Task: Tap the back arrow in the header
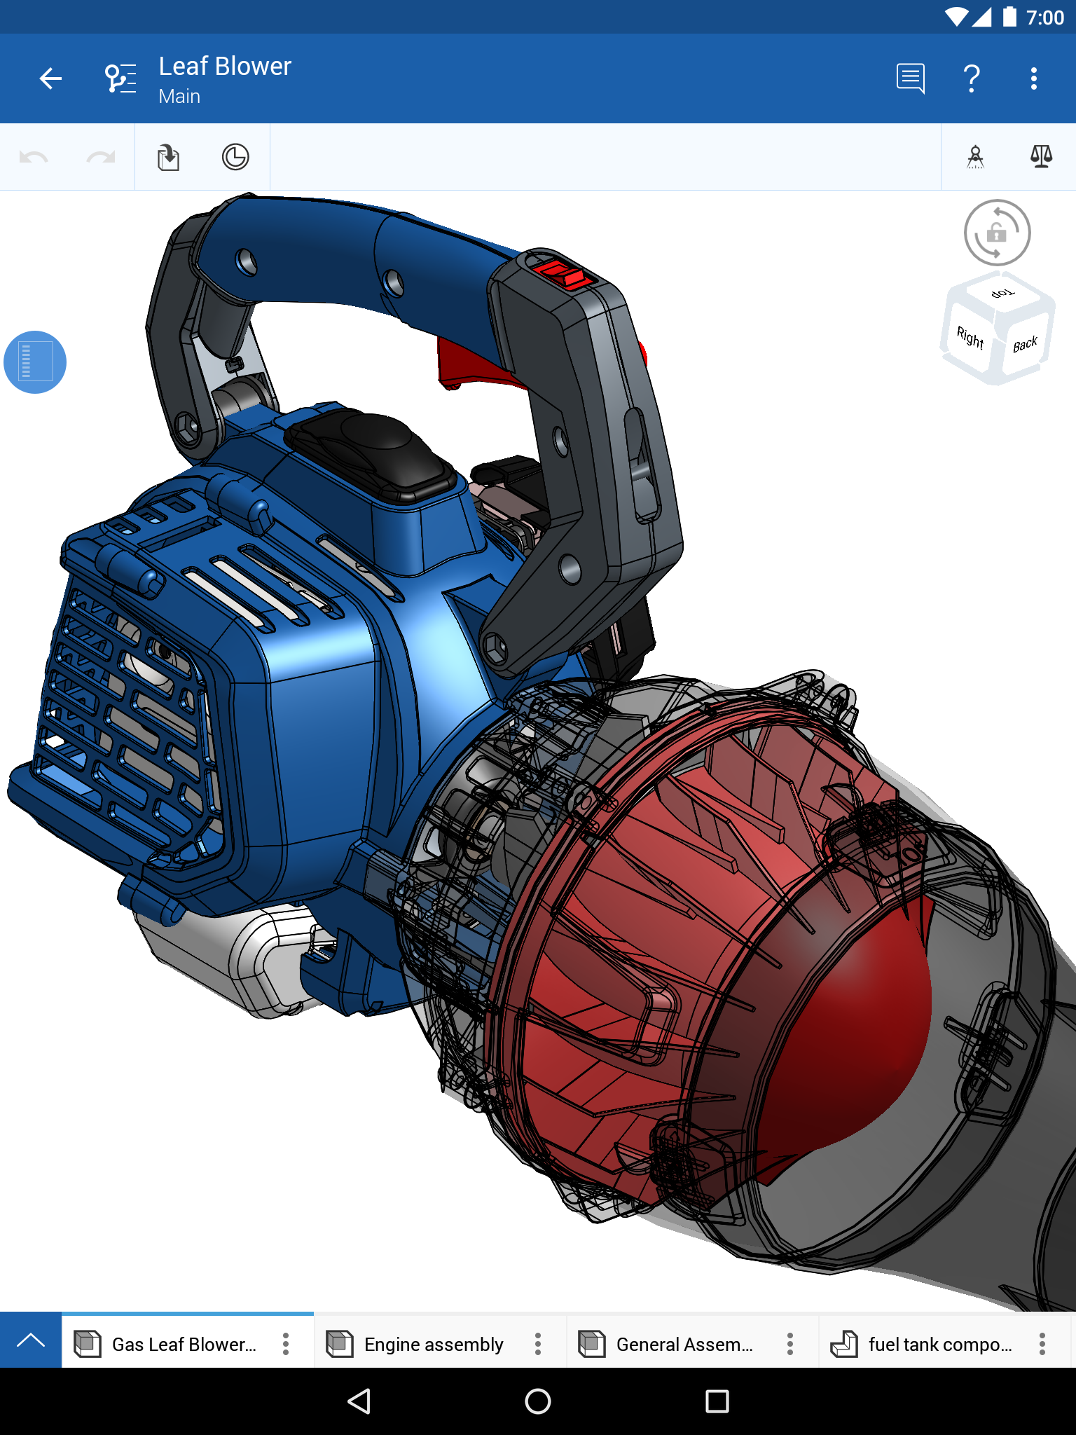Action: coord(50,78)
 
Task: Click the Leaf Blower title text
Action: coord(224,67)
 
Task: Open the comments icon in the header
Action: coord(910,78)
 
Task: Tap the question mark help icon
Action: coord(972,78)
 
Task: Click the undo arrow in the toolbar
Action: coord(34,157)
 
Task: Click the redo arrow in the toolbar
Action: coord(101,157)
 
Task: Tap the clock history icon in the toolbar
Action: coord(235,157)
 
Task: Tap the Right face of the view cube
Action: coord(970,338)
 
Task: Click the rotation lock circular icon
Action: coord(997,233)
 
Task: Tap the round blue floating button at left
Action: coord(35,362)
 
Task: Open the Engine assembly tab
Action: coord(433,1344)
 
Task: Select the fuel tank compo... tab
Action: coord(939,1344)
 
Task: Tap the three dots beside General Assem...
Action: coord(790,1344)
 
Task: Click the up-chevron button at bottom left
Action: coord(31,1340)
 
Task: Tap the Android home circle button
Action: coord(538,1401)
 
